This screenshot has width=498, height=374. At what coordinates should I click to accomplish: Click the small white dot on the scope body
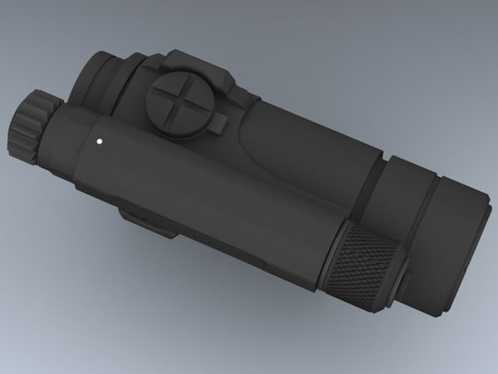(x=99, y=140)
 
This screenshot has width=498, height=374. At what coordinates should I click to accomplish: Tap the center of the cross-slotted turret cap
(x=177, y=105)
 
